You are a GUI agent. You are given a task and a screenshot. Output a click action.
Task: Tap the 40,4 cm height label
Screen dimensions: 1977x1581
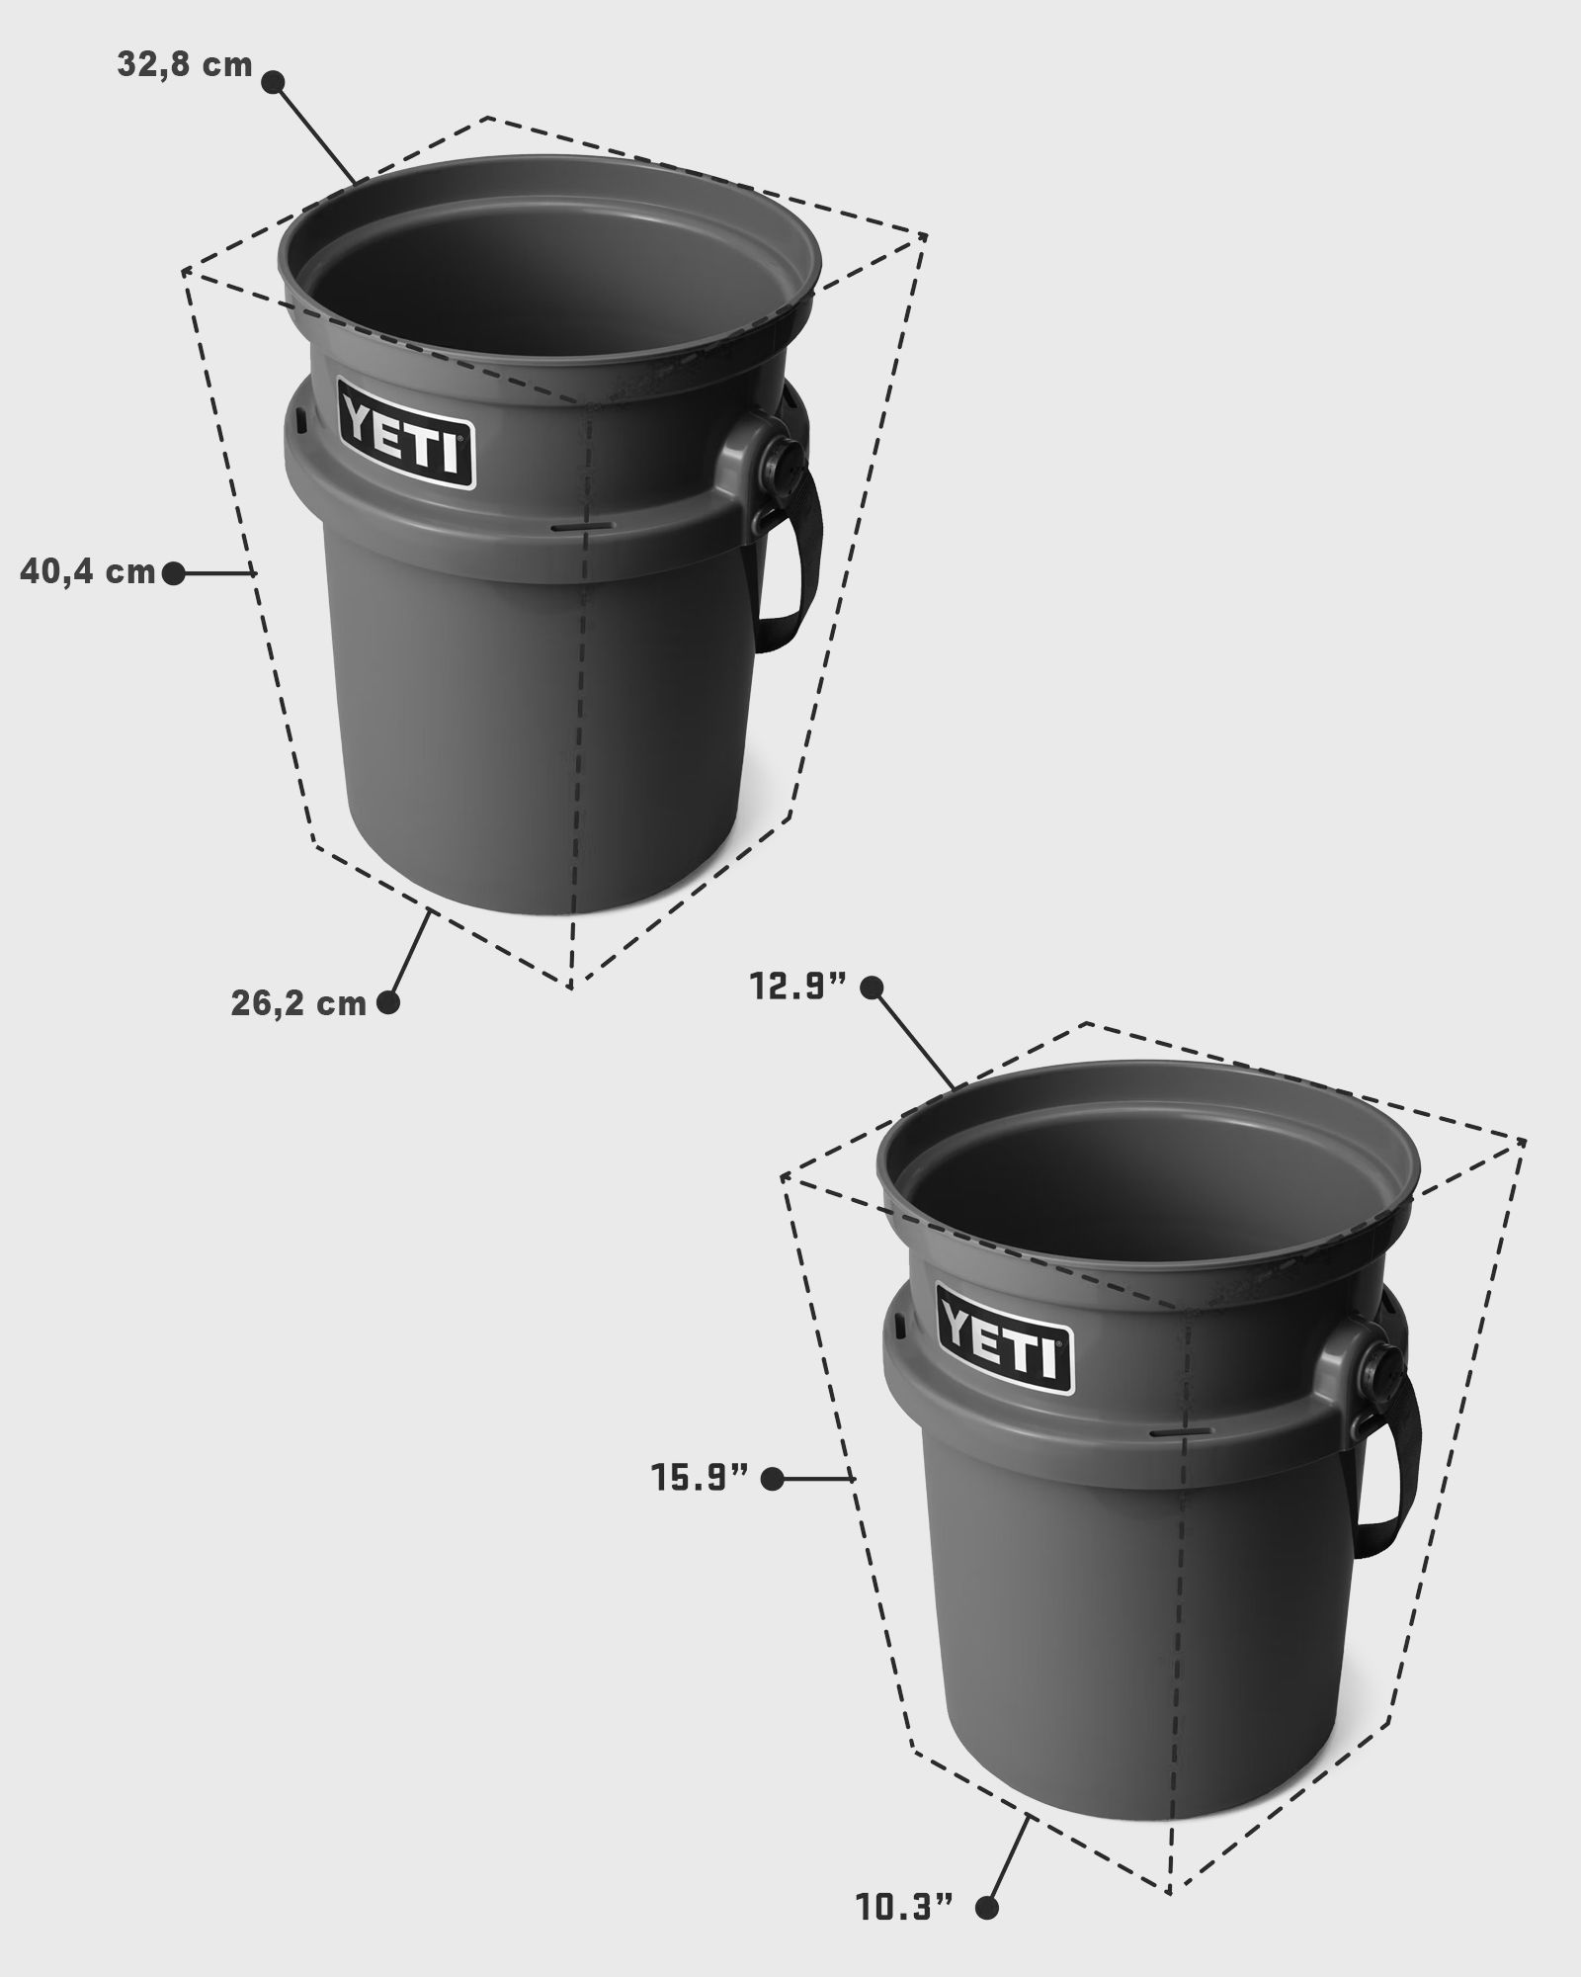(x=88, y=572)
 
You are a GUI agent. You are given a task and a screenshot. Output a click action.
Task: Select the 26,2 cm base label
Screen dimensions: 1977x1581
(x=298, y=1004)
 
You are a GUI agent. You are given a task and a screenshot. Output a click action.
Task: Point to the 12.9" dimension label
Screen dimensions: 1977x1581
(x=800, y=988)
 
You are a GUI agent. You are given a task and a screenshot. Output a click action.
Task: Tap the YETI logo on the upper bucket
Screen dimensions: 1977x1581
(x=406, y=434)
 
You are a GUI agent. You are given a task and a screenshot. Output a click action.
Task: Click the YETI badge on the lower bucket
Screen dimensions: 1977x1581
(x=1005, y=1338)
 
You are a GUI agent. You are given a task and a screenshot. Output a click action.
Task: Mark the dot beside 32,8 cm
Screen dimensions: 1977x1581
(x=274, y=82)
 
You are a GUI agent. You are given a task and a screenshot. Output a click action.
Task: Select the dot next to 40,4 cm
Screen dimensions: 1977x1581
(x=173, y=572)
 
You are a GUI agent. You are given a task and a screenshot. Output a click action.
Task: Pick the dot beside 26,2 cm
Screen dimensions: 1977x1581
(x=388, y=1002)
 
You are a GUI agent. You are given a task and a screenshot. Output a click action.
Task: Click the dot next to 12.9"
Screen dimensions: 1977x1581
(x=872, y=987)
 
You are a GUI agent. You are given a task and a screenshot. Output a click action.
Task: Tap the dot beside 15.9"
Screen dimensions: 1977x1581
(x=773, y=1506)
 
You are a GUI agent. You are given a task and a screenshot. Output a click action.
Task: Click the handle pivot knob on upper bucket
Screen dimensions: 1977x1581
(x=784, y=459)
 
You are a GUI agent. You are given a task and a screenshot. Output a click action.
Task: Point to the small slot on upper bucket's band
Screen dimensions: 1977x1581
(x=570, y=528)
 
